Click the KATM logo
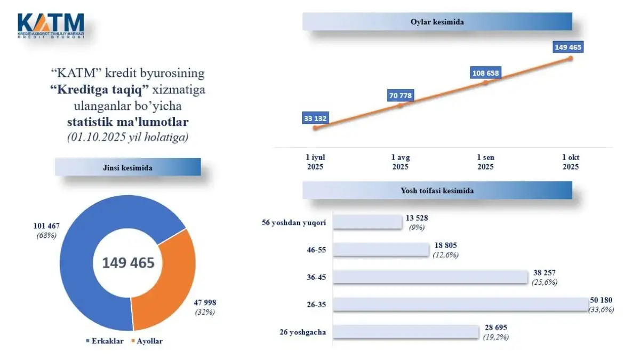click(51, 25)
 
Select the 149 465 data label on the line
click(568, 47)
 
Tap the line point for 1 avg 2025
click(401, 105)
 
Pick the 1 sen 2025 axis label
click(485, 162)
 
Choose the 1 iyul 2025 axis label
click(315, 162)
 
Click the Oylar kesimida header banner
click(437, 22)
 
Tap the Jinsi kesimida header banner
click(127, 167)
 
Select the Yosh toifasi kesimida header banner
click(437, 190)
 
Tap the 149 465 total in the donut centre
click(129, 263)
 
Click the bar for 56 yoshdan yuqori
click(367, 222)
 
